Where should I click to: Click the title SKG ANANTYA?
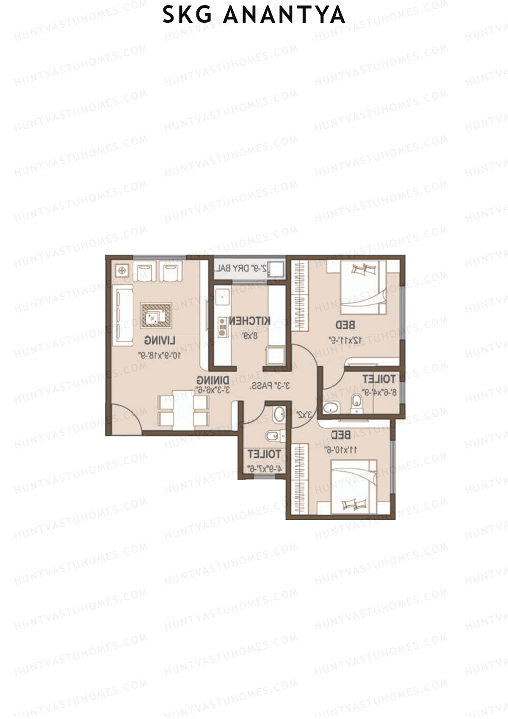(254, 15)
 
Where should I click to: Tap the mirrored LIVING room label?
(160, 340)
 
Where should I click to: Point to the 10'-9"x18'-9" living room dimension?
(159, 355)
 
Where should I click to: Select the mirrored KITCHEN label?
(249, 321)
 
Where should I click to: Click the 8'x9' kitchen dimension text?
(250, 336)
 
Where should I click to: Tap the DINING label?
(213, 380)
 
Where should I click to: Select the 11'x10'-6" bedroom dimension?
(340, 450)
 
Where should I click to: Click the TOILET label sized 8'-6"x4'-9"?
(379, 379)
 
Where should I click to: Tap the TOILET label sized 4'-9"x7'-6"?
(264, 454)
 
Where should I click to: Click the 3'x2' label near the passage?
(304, 414)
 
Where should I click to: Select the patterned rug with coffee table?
(156, 314)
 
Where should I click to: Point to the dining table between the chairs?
(183, 409)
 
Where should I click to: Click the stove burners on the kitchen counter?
(221, 327)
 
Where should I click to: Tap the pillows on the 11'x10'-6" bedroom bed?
(354, 503)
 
